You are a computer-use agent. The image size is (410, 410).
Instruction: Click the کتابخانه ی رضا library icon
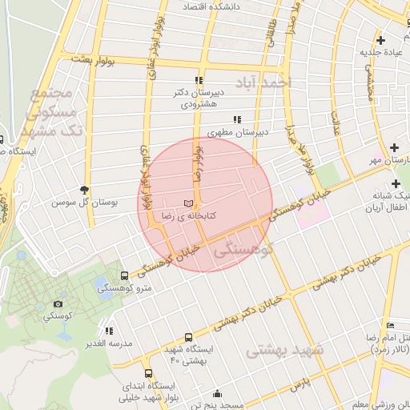pyautogui.click(x=188, y=205)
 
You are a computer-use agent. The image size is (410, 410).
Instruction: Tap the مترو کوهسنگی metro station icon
pyautogui.click(x=123, y=275)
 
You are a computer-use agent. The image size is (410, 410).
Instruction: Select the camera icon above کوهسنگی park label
pyautogui.click(x=58, y=304)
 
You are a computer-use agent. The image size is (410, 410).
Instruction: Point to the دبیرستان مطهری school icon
pyautogui.click(x=236, y=120)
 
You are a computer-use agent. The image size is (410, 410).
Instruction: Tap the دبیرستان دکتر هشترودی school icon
pyautogui.click(x=199, y=80)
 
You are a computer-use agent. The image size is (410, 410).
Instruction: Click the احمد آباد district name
pyautogui.click(x=264, y=82)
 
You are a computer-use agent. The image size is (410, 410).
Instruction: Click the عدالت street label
pyautogui.click(x=336, y=120)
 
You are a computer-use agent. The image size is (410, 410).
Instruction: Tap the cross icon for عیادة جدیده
pyautogui.click(x=380, y=40)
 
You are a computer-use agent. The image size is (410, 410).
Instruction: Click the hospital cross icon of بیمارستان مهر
pyautogui.click(x=394, y=147)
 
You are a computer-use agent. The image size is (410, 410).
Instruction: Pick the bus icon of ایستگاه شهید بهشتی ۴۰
pyautogui.click(x=188, y=337)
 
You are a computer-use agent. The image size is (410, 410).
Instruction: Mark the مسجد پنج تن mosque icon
pyautogui.click(x=217, y=393)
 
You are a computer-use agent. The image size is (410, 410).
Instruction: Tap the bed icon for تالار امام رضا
pyautogui.click(x=390, y=324)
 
